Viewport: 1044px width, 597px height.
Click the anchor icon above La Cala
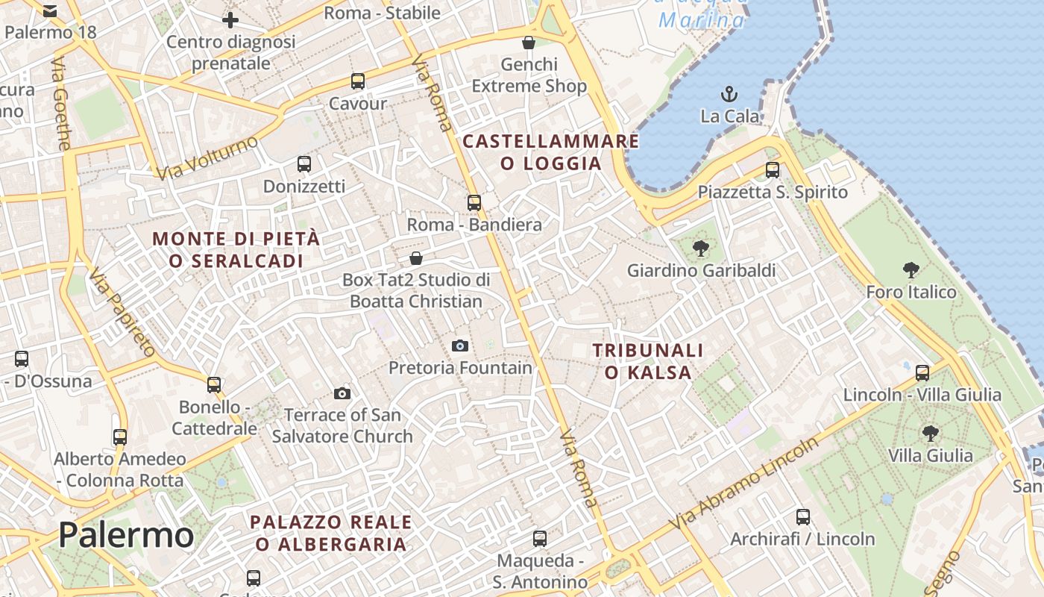tap(729, 94)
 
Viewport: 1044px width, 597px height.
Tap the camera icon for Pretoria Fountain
tap(460, 346)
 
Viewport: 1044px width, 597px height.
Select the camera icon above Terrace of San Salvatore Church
tap(342, 393)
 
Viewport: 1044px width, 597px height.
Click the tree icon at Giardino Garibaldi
tap(700, 249)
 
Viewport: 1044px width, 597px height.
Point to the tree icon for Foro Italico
tap(911, 270)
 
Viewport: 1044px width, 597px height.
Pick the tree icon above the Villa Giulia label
tap(930, 433)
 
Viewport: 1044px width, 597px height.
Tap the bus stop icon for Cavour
tap(358, 81)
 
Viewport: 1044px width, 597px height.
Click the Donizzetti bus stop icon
tap(304, 164)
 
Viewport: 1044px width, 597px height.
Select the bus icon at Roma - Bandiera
tap(474, 202)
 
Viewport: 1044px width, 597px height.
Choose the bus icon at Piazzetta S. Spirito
tap(773, 170)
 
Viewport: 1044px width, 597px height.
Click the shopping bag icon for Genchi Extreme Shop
tap(529, 43)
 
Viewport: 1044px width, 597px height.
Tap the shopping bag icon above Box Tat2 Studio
tap(416, 258)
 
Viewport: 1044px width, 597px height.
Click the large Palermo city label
tap(126, 535)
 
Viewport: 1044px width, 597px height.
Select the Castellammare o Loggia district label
tap(551, 152)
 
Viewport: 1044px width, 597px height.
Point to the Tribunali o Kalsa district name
tap(647, 360)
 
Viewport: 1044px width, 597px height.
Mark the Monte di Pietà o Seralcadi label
tap(236, 249)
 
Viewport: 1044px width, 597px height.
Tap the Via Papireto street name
tap(122, 313)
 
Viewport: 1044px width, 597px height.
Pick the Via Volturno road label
tap(207, 158)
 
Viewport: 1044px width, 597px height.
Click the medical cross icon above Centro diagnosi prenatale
tap(230, 20)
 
